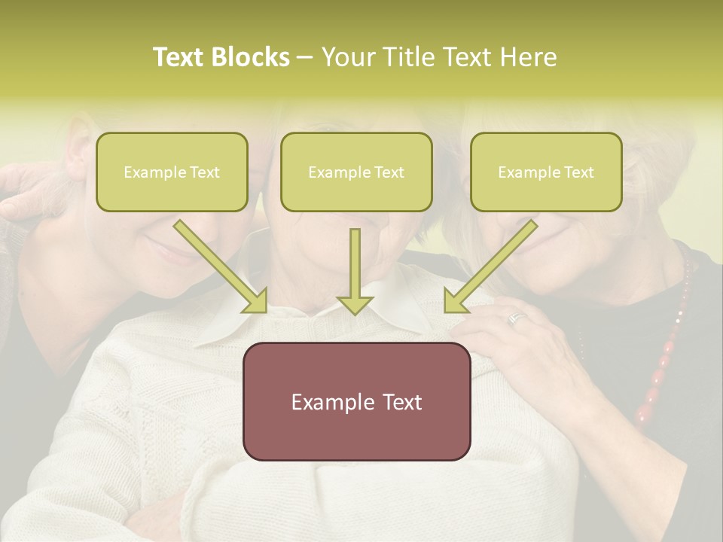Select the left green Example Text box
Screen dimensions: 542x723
point(172,172)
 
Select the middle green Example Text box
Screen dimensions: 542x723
point(356,172)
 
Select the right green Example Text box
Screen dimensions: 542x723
point(546,172)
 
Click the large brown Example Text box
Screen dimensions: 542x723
point(356,401)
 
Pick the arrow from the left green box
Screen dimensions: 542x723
point(221,266)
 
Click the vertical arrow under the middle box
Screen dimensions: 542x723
point(355,271)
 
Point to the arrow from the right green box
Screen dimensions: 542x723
point(491,266)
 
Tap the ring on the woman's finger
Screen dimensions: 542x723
point(515,318)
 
